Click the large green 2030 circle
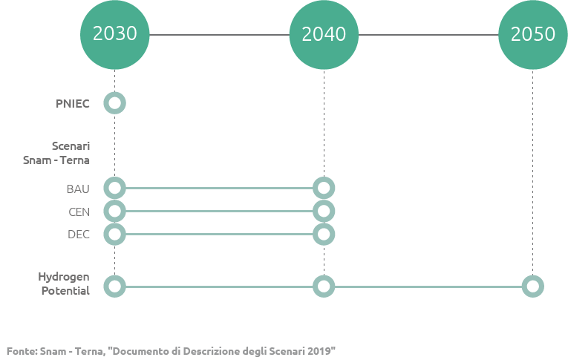coord(115,35)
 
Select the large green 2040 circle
coord(324,35)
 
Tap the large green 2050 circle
coord(533,35)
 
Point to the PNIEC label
coord(73,104)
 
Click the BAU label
coord(78,189)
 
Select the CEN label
coord(79,212)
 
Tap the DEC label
coord(79,235)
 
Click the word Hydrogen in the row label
coord(64,277)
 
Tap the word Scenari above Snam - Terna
coord(71,146)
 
